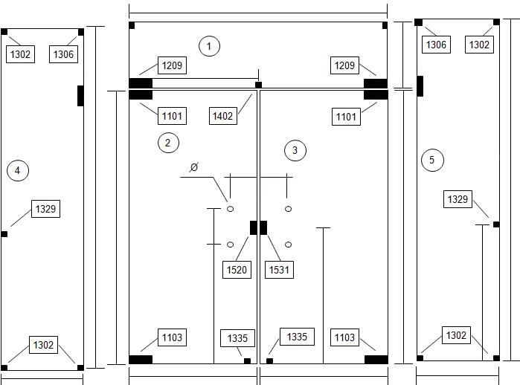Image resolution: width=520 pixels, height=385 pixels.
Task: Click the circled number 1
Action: [209, 46]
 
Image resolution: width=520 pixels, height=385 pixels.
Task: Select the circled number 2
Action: [168, 143]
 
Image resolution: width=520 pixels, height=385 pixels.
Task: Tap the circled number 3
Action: [295, 150]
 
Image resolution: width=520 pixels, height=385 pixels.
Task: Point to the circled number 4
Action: [18, 171]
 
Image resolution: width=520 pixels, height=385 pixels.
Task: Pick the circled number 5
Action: [432, 161]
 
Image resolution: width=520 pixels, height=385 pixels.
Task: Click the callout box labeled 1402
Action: [223, 116]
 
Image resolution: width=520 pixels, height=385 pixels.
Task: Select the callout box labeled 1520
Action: [237, 270]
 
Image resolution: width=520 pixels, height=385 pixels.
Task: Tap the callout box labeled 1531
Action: [279, 270]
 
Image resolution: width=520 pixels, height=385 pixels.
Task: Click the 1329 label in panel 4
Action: [46, 209]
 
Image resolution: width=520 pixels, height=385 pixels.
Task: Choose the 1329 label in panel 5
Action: [458, 199]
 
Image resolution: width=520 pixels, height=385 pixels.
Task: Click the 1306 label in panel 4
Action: [63, 54]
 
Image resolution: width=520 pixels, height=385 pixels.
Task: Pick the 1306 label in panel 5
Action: [436, 45]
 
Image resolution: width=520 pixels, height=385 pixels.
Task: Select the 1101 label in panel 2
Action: [172, 116]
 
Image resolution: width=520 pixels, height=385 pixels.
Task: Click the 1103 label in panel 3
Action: [344, 337]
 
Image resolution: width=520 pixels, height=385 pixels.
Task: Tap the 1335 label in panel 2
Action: [237, 338]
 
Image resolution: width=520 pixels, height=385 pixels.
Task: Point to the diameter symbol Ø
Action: [194, 167]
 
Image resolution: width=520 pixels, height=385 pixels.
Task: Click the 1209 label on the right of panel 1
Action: [344, 65]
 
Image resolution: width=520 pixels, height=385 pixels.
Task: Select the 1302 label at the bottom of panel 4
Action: [43, 345]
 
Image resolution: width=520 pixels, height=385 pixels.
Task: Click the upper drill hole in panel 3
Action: [288, 209]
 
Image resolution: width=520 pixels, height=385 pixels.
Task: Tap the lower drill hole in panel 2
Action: [230, 245]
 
